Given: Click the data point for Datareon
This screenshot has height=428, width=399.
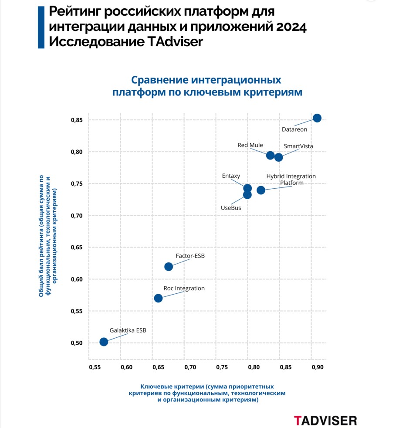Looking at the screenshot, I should point(317,118).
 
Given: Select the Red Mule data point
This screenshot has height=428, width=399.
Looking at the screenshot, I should point(270,156).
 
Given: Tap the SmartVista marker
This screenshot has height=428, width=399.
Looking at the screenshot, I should point(279,157).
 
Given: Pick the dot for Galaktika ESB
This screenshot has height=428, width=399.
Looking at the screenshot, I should point(104,342).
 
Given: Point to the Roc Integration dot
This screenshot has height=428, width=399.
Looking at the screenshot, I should point(158,298).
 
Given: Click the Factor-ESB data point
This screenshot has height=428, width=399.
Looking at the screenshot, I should point(169,266).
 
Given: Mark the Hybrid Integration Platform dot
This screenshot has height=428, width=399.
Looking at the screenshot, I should point(261,190).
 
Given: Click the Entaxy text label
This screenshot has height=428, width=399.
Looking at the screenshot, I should point(231,176).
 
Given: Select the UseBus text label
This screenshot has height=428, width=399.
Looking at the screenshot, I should point(231,208).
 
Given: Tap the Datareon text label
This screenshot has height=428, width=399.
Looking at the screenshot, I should point(294,129).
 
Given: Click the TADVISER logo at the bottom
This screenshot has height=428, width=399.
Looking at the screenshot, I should point(325,420).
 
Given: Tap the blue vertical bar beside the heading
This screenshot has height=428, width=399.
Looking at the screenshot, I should point(41,27).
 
